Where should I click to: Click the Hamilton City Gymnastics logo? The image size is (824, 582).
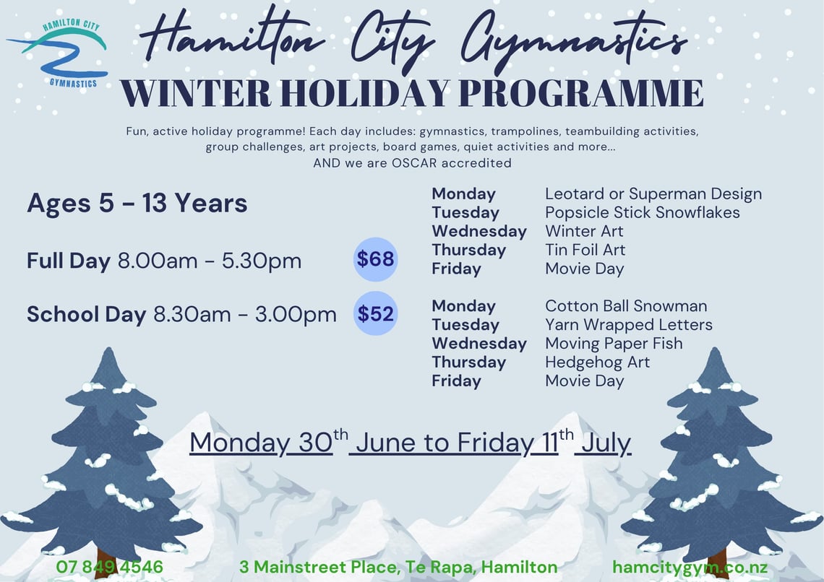click(59, 53)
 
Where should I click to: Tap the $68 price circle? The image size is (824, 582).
click(375, 259)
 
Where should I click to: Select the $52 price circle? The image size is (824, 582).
click(375, 313)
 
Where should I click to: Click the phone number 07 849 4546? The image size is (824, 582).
click(109, 567)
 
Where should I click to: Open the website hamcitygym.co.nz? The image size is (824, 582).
click(690, 568)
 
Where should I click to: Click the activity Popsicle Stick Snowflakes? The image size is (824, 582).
click(642, 212)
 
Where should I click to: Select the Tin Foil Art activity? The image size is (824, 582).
click(585, 250)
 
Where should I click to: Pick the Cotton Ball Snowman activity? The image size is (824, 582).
click(626, 306)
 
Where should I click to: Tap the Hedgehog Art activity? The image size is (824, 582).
click(598, 362)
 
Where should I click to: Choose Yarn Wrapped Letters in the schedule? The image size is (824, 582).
click(629, 325)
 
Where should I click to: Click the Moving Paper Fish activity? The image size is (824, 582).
click(614, 344)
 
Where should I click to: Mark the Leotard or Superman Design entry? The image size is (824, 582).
click(653, 194)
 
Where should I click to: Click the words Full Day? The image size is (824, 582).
click(69, 261)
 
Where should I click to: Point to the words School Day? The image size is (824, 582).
click(87, 314)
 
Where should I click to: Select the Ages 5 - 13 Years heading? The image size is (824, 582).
click(137, 203)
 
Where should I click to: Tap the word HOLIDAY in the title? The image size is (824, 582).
click(364, 93)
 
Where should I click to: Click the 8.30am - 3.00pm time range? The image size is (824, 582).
click(245, 314)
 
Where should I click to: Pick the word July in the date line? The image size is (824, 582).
click(603, 443)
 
